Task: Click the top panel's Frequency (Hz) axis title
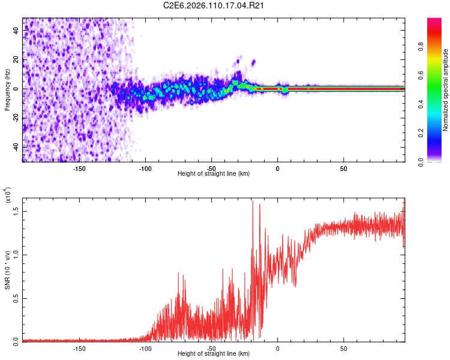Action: [x=8, y=89]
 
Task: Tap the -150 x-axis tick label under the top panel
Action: [x=79, y=168]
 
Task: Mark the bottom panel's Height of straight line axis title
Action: [x=214, y=354]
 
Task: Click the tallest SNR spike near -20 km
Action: [x=253, y=202]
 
